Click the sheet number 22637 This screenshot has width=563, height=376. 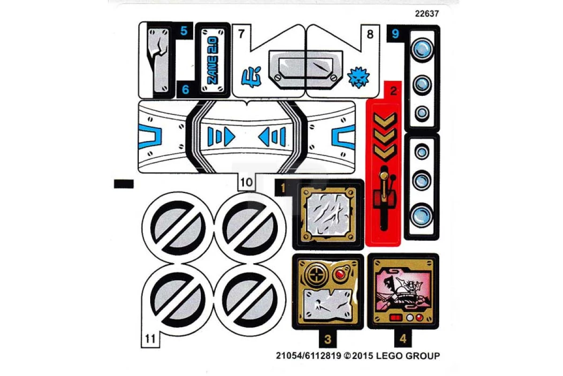coord(427,13)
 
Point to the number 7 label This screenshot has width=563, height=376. coord(241,34)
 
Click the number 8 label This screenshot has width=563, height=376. coord(370,34)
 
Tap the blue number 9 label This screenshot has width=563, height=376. coord(396,34)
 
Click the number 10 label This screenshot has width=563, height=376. coord(246,181)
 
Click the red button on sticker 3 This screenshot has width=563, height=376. coord(340,274)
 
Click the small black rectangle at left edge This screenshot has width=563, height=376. coord(124,184)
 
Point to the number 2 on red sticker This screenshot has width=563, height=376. coord(393,91)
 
